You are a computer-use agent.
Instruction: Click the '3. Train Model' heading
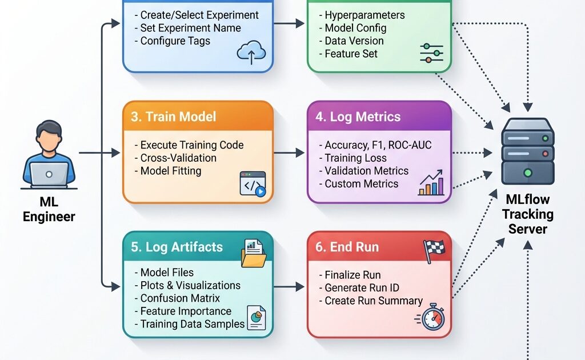point(173,117)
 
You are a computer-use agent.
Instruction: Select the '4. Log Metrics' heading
point(358,117)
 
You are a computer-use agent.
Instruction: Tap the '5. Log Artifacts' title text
point(177,247)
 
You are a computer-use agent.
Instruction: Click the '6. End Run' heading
point(347,247)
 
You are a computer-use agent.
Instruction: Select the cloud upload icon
point(252,53)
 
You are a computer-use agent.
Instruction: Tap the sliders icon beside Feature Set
point(431,53)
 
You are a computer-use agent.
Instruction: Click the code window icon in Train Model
point(253,184)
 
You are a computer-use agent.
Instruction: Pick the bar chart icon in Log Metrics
point(431,182)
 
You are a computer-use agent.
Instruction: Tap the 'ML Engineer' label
point(49,210)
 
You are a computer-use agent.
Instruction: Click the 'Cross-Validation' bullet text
point(178,158)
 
